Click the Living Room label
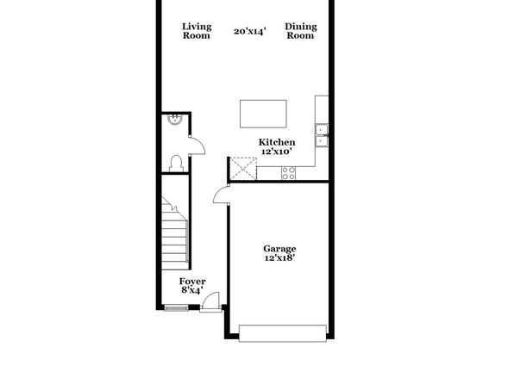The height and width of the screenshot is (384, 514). point(197,31)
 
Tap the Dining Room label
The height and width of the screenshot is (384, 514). point(301,31)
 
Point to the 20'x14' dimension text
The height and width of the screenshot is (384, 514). point(249,31)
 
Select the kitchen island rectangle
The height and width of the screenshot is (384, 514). point(263,114)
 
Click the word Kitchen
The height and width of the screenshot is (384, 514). point(277,142)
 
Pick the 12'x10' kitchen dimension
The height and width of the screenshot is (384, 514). point(277,152)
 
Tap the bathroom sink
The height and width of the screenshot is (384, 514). point(174,120)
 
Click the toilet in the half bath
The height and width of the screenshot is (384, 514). point(176,164)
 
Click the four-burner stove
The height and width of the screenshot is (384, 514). point(288,173)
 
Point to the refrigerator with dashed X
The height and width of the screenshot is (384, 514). point(243,169)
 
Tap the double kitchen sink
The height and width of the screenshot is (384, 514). point(322,135)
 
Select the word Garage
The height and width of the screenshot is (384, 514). point(279,249)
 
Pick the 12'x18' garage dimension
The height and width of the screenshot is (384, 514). point(279,257)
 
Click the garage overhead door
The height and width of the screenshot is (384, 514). point(283,333)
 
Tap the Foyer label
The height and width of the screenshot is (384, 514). point(192,282)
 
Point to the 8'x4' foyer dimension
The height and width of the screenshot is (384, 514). point(192,289)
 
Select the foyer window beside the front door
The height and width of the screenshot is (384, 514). point(176,307)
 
